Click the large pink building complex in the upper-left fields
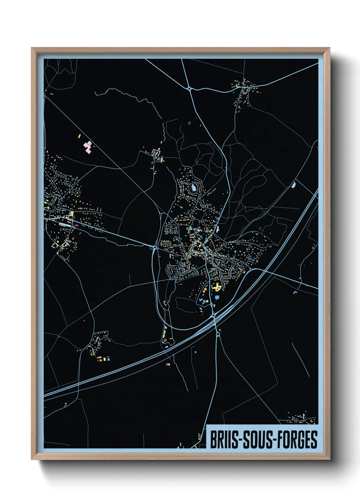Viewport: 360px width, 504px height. click(88, 146)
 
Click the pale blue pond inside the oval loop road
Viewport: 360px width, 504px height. click(193, 187)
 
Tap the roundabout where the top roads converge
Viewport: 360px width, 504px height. click(189, 89)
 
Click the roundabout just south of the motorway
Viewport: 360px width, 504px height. click(218, 335)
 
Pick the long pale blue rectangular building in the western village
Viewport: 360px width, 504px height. click(65, 225)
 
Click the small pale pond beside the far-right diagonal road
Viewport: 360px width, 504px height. click(294, 185)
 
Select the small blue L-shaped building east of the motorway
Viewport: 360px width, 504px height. click(295, 292)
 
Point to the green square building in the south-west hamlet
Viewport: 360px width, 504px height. click(105, 359)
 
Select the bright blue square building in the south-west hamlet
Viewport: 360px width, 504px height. click(109, 359)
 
